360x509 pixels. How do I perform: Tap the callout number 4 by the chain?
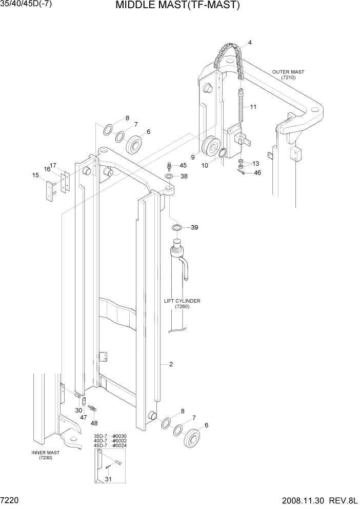coord(250,43)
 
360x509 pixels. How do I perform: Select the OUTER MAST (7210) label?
coord(288,74)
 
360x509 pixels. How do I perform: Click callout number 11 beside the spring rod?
coord(253,107)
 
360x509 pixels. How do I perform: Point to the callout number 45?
coord(183,165)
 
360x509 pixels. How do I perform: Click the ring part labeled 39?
coord(176,227)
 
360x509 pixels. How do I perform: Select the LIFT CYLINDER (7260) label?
coord(182,304)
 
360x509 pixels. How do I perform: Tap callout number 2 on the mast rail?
coord(171,365)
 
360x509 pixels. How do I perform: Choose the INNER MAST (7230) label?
coord(46,455)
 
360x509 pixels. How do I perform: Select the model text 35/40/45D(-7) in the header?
coord(26,5)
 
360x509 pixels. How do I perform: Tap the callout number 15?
coord(35,175)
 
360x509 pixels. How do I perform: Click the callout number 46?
coord(257,173)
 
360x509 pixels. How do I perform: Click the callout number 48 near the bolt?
coord(94,423)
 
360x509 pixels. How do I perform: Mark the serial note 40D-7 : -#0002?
coord(110,441)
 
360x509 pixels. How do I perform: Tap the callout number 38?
coord(184,176)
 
